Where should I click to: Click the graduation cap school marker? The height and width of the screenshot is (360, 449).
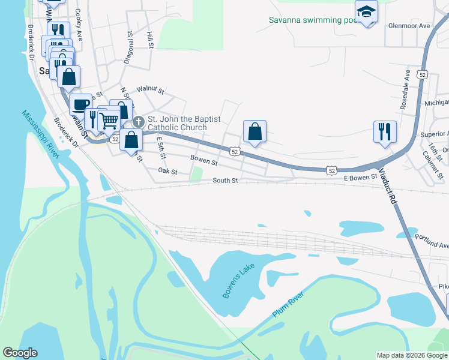(x=366, y=11)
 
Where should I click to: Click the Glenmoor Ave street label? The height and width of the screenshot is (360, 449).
(x=409, y=26)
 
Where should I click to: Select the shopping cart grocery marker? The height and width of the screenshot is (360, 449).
(x=108, y=119)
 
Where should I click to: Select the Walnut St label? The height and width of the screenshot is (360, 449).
(x=150, y=90)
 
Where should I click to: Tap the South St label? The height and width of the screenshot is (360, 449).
(x=225, y=181)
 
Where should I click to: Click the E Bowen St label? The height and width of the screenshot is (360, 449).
(x=360, y=176)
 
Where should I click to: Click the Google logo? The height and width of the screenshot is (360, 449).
(x=20, y=353)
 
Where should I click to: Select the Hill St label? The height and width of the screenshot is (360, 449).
(x=150, y=41)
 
